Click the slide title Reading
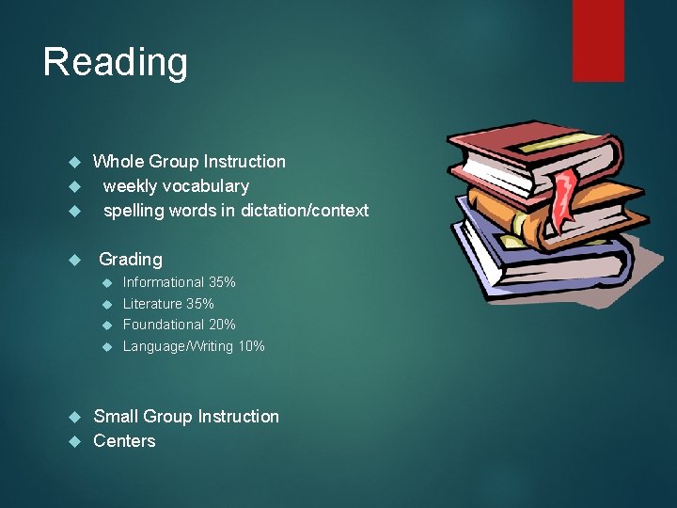pyautogui.click(x=115, y=63)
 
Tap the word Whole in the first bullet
pyautogui.click(x=117, y=162)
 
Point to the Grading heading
pyautogui.click(x=131, y=259)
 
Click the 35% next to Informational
pyautogui.click(x=222, y=282)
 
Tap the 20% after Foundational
pyautogui.click(x=222, y=325)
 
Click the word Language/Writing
pyautogui.click(x=178, y=346)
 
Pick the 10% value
pyautogui.click(x=251, y=346)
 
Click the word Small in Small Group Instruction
pyautogui.click(x=116, y=416)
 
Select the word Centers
pyautogui.click(x=124, y=440)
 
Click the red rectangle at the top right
pyautogui.click(x=598, y=40)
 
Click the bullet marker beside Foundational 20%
pyautogui.click(x=106, y=325)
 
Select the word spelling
pyautogui.click(x=134, y=211)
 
